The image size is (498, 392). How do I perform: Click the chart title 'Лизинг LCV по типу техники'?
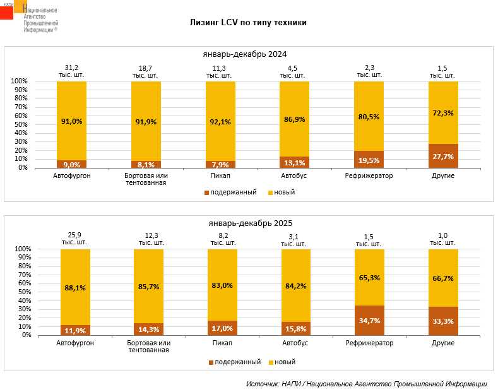(x=249, y=22)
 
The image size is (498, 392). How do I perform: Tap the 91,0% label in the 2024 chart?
(x=72, y=121)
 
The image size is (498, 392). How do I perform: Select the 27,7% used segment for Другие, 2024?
(x=443, y=156)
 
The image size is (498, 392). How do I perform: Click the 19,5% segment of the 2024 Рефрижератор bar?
(x=369, y=160)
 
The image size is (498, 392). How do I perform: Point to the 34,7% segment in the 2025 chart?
(x=369, y=320)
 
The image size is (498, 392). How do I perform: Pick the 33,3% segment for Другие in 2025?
(x=443, y=321)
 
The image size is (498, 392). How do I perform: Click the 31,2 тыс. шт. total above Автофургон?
(x=72, y=71)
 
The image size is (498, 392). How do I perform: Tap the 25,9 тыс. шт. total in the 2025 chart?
(x=74, y=239)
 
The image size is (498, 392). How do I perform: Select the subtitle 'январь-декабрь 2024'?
(x=249, y=54)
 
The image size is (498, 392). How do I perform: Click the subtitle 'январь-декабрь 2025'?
(x=250, y=223)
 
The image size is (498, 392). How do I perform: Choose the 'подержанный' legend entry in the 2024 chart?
(x=230, y=192)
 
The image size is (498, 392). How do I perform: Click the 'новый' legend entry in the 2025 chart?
(x=282, y=362)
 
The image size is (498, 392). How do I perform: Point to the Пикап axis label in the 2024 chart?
(x=220, y=175)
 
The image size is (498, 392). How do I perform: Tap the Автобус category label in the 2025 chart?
(x=295, y=343)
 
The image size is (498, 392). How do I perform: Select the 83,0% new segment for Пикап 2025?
(x=222, y=285)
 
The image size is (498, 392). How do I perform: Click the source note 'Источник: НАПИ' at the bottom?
(x=366, y=383)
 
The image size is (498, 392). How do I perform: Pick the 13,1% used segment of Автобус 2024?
(x=295, y=162)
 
